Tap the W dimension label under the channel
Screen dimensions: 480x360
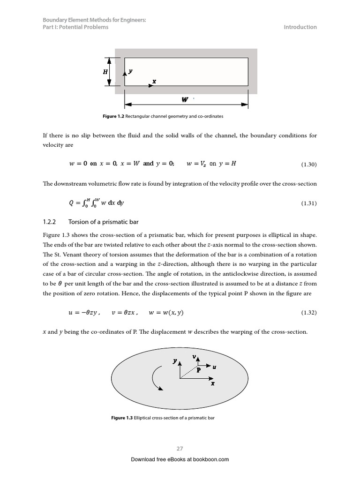pos(185,100)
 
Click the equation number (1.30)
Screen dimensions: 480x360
pos(308,164)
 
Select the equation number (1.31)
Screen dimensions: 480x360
pos(308,203)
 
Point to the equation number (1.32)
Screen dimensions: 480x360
pos(308,313)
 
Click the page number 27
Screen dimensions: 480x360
pos(180,449)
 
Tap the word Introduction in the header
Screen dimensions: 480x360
pos(300,27)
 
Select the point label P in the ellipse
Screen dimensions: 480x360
pos(198,370)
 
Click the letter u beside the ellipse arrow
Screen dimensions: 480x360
pos(214,367)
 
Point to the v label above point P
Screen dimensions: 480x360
pos(194,357)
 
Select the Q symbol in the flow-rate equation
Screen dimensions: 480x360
pos(71,203)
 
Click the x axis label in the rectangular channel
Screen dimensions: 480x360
pos(154,81)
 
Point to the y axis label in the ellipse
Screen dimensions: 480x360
pos(174,361)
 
